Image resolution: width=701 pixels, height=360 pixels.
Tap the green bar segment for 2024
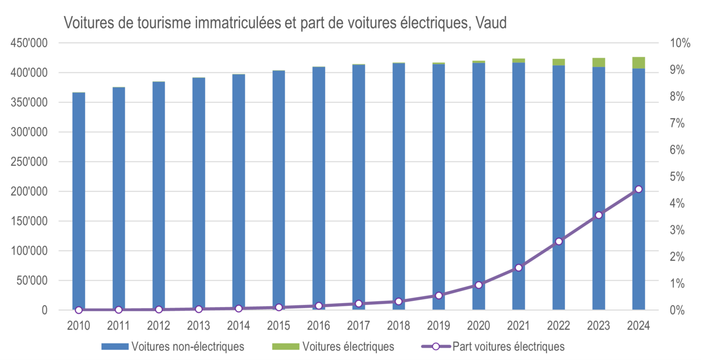pos(638,63)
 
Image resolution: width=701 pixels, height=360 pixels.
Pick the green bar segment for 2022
pos(559,62)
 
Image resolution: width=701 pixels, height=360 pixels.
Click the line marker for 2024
pos(638,189)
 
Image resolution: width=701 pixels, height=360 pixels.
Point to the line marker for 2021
pos(519,268)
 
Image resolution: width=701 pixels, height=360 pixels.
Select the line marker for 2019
pos(439,295)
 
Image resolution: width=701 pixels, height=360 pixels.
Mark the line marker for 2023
pos(599,215)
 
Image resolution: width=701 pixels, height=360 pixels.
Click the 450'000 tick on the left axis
pos(33,43)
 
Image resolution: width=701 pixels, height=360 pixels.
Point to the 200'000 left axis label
pos(33,192)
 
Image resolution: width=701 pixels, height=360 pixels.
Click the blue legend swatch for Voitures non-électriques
pos(115,347)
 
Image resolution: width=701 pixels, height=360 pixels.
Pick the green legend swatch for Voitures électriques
pos(286,347)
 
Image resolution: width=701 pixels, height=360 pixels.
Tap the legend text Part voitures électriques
pos(508,347)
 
